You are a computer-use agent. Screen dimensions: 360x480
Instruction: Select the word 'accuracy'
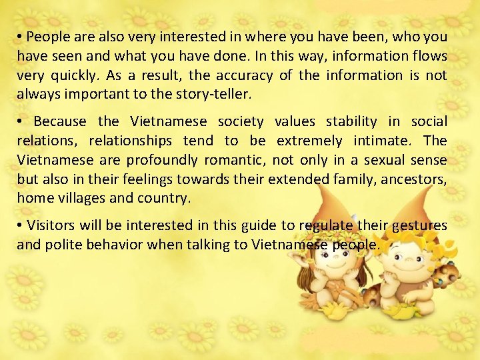[x=245, y=75]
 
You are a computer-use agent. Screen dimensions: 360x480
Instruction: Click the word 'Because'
[x=60, y=121]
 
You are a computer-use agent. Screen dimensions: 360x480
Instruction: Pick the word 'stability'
[x=353, y=121]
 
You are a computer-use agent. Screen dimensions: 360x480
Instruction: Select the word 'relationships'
[x=131, y=141]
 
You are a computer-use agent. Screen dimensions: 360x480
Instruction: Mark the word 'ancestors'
[x=415, y=179]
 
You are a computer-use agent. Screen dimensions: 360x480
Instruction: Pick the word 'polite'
[x=63, y=245]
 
